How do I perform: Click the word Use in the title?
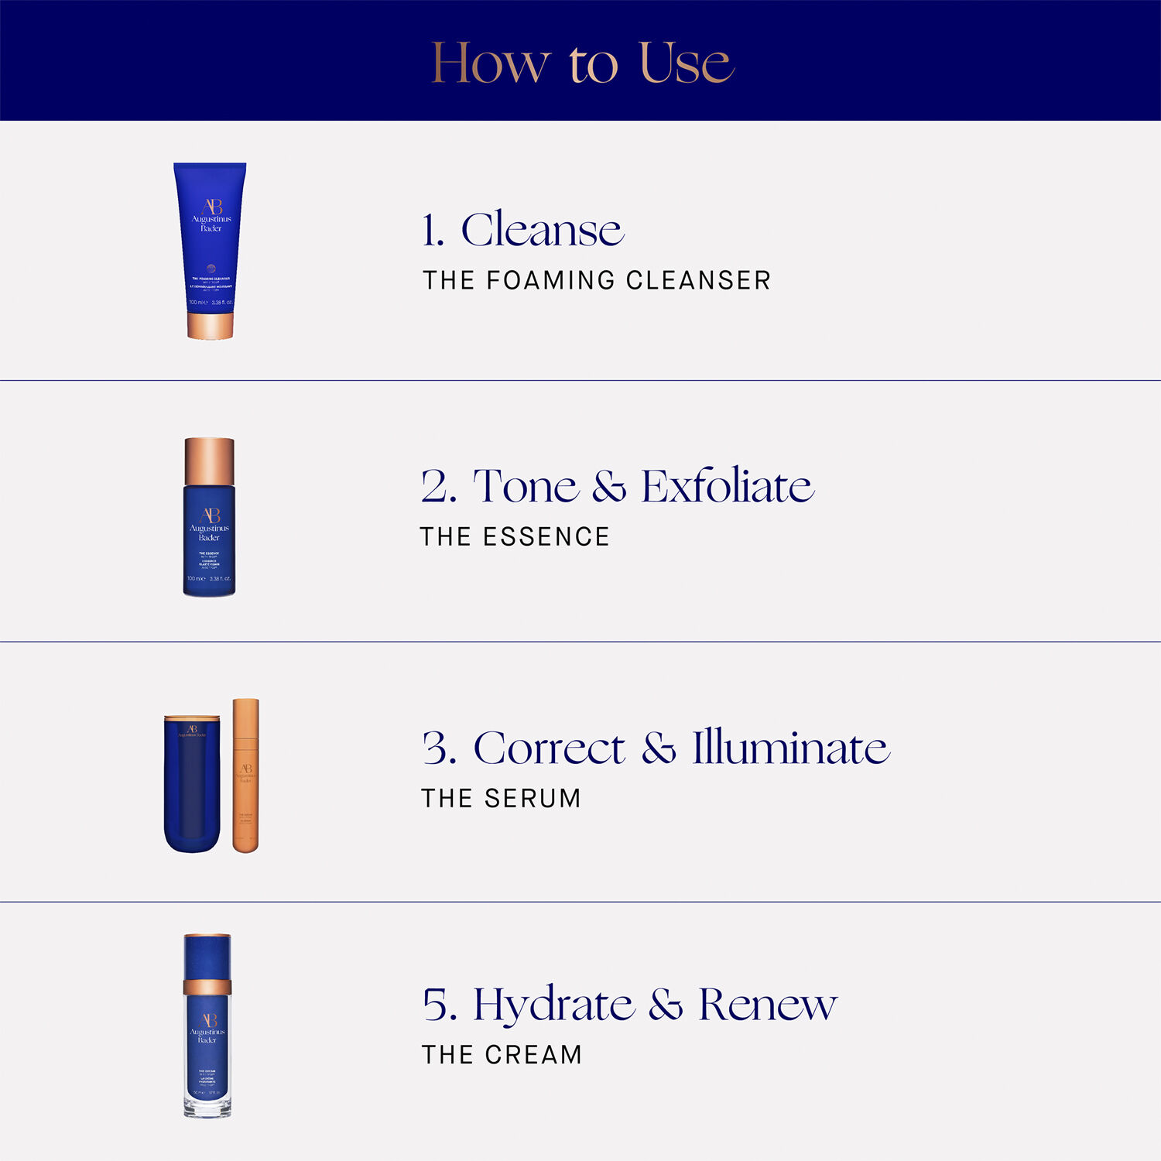[x=686, y=63]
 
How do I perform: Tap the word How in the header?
[x=490, y=63]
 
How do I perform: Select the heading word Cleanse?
[x=542, y=230]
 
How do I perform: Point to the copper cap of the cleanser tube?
[x=210, y=324]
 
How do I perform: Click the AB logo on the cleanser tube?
[x=211, y=207]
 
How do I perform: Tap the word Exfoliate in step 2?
[x=728, y=487]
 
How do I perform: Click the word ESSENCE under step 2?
[x=546, y=536]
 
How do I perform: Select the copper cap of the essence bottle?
[x=209, y=461]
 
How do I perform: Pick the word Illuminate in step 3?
[x=790, y=748]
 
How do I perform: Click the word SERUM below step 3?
[x=532, y=798]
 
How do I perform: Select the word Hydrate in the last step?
[x=553, y=1005]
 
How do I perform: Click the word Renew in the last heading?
[x=767, y=1005]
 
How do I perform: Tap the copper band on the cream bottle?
[x=207, y=986]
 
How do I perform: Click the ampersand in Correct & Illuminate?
[x=659, y=748]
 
